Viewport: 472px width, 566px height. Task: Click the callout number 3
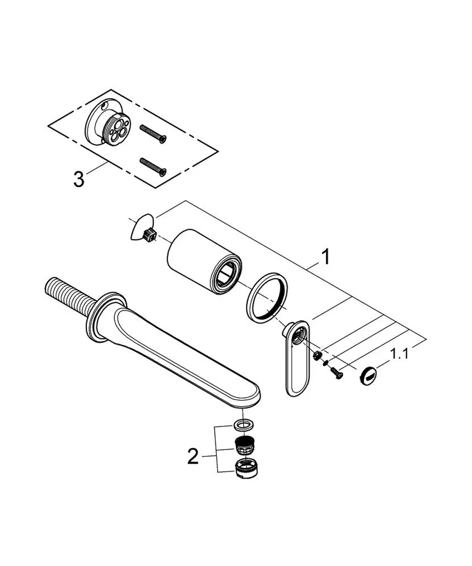pos(79,179)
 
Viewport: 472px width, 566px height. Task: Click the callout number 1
pos(325,257)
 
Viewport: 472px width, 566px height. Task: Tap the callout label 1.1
pos(399,354)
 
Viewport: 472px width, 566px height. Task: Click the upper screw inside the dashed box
pos(153,133)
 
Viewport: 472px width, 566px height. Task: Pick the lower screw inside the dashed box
pos(153,166)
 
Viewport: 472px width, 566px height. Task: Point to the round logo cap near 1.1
pos(368,375)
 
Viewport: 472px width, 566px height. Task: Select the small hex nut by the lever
pos(317,355)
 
